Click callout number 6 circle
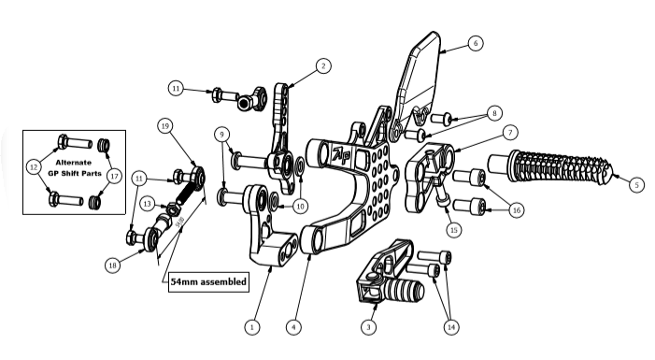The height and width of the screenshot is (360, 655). pyautogui.click(x=476, y=43)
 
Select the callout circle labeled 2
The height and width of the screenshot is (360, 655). pyautogui.click(x=323, y=65)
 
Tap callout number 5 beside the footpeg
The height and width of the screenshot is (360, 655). pyautogui.click(x=636, y=184)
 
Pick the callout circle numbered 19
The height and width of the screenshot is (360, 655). pyautogui.click(x=165, y=126)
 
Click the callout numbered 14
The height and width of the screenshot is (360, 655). pyautogui.click(x=451, y=327)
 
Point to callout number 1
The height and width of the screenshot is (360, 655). pyautogui.click(x=252, y=327)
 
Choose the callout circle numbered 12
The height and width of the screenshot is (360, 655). pyautogui.click(x=34, y=166)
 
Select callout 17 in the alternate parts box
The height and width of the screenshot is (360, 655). pyautogui.click(x=114, y=176)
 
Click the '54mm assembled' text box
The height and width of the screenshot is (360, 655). pyautogui.click(x=208, y=282)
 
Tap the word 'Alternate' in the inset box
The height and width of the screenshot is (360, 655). pyautogui.click(x=73, y=163)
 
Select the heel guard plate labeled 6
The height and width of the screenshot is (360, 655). pyautogui.click(x=419, y=80)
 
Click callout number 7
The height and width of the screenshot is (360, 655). pyautogui.click(x=510, y=133)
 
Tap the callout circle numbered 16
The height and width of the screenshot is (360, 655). pyautogui.click(x=517, y=209)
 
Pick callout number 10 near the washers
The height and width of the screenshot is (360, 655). pyautogui.click(x=300, y=206)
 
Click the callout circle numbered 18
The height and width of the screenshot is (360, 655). pyautogui.click(x=112, y=265)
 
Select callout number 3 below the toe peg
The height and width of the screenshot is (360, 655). pyautogui.click(x=368, y=327)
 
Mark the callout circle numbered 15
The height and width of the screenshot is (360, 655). pyautogui.click(x=454, y=229)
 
